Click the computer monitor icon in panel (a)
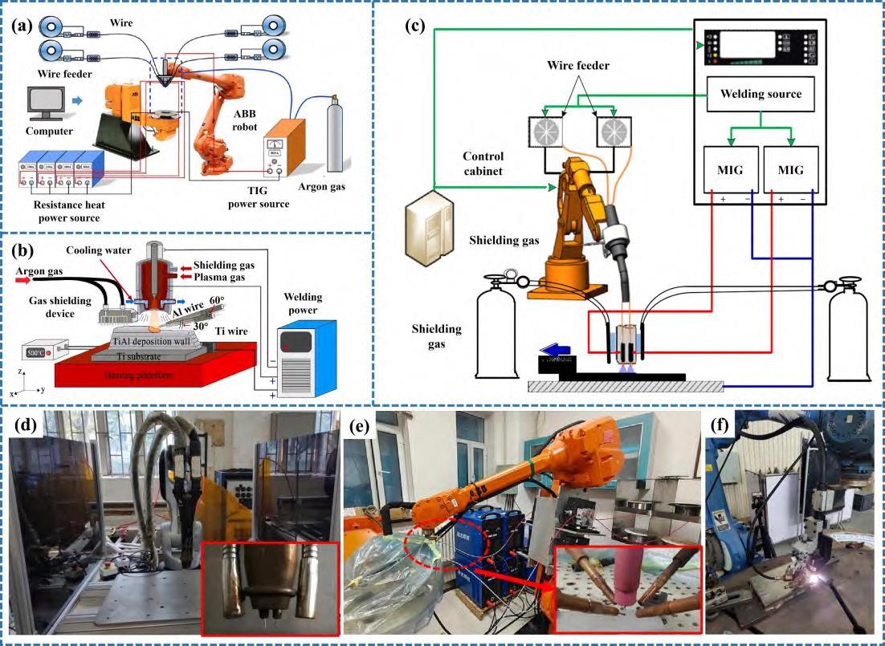click(45, 102)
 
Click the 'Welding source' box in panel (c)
click(760, 94)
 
